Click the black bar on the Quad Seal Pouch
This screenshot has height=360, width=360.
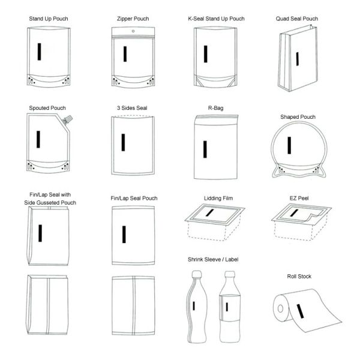pyautogui.click(x=296, y=58)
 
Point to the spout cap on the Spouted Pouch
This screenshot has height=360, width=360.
pyautogui.click(x=69, y=119)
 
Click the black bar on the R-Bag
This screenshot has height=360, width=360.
pyautogui.click(x=205, y=148)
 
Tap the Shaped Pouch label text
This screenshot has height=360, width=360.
pyautogui.click(x=298, y=117)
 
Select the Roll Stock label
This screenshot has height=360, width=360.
pyautogui.click(x=299, y=277)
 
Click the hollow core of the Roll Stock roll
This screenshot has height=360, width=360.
pyautogui.click(x=280, y=311)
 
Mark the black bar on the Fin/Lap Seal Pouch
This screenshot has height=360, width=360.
pyautogui.click(x=124, y=234)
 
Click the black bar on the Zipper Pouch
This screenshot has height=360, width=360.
pyautogui.click(x=125, y=53)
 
